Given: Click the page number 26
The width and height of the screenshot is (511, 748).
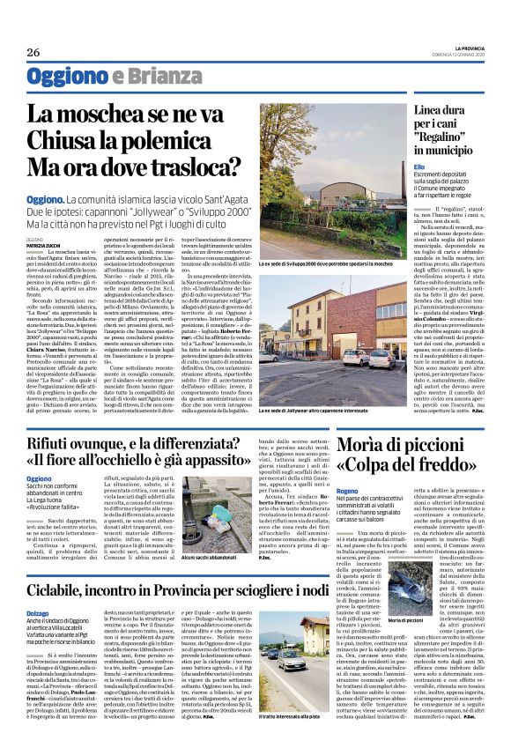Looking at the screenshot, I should tap(33, 53).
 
